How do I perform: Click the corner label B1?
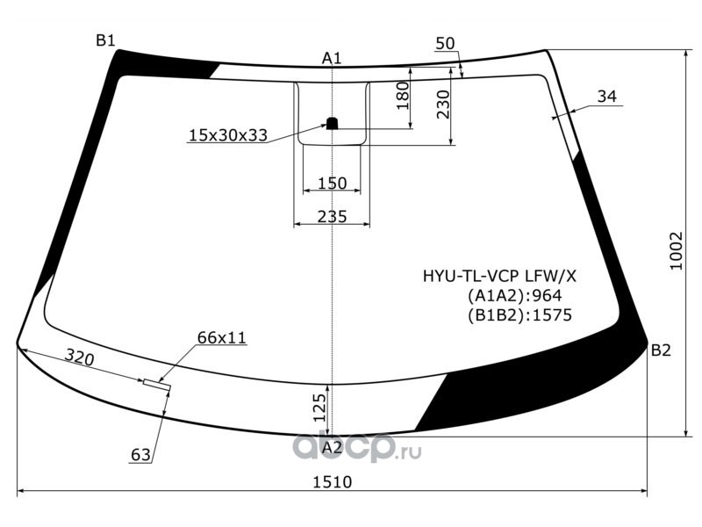click(106, 40)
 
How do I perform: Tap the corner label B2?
click(661, 350)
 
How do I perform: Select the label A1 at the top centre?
click(332, 58)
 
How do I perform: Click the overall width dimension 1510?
click(332, 481)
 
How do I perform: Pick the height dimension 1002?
click(676, 251)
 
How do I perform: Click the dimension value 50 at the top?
click(445, 44)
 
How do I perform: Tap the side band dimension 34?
click(606, 97)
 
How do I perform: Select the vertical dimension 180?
click(404, 96)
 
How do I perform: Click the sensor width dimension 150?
click(332, 184)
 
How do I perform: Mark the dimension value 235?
click(332, 216)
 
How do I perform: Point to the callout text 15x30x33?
click(227, 135)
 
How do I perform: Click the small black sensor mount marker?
click(332, 123)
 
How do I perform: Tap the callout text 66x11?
click(222, 337)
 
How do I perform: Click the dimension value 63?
click(140, 455)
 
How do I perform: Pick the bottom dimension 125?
click(319, 408)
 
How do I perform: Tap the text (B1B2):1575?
click(519, 314)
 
